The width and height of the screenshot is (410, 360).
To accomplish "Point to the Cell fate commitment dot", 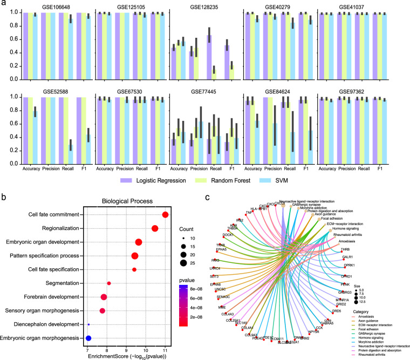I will tap(165, 215).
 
